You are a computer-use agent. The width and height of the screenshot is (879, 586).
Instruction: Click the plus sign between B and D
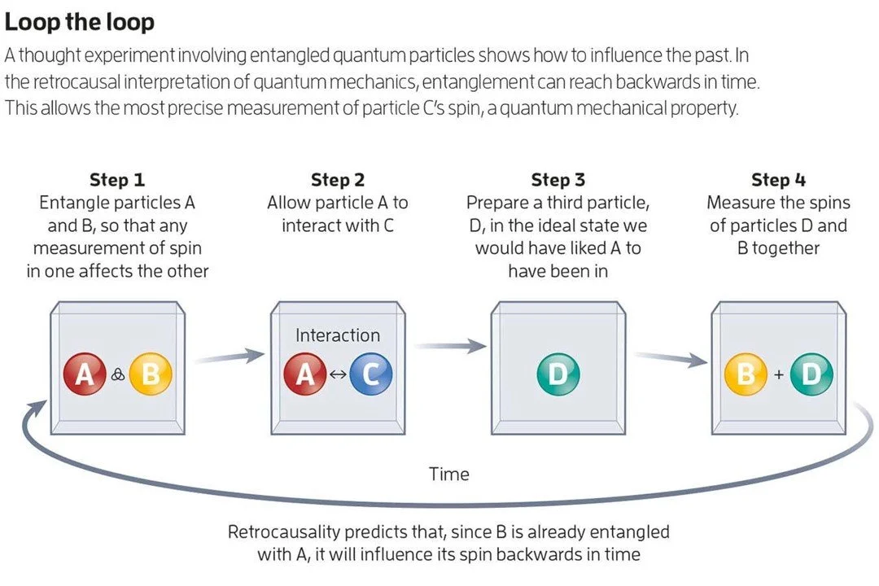tap(778, 374)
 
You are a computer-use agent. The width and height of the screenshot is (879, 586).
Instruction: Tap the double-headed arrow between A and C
tap(338, 374)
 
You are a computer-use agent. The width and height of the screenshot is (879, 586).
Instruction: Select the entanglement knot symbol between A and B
tap(117, 374)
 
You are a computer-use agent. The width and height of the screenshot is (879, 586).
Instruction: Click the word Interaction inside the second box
tap(337, 335)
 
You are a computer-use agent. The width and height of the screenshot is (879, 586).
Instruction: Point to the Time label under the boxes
tap(449, 473)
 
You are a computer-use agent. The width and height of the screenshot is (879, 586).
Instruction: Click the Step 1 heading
tap(117, 180)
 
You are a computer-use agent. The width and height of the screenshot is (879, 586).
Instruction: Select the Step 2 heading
tap(337, 180)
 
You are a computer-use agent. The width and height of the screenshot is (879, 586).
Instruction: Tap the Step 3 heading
tap(558, 180)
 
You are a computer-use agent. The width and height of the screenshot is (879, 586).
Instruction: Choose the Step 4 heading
tap(778, 180)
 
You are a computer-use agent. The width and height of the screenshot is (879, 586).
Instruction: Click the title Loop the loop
tap(79, 21)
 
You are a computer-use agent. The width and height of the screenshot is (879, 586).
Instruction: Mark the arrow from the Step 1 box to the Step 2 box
tap(230, 356)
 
